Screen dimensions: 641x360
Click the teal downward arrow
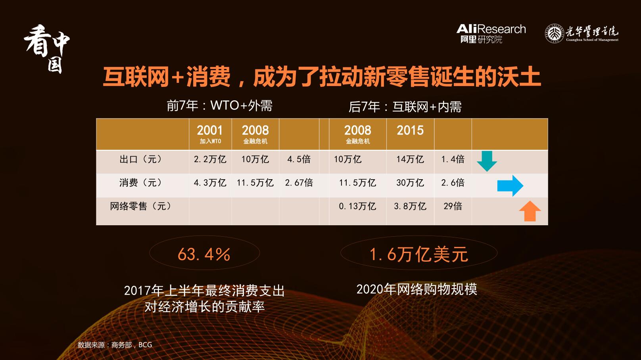(487, 161)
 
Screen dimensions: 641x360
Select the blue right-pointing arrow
(510, 186)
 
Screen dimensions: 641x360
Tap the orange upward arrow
(530, 211)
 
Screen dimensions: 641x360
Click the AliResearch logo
(491, 33)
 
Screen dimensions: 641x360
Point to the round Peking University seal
(554, 33)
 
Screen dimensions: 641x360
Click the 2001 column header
(210, 134)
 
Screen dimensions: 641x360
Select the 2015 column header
(410, 130)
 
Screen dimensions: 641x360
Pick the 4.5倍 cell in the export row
(299, 159)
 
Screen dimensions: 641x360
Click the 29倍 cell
(453, 206)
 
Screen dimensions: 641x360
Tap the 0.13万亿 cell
(357, 206)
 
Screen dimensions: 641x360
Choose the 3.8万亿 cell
(410, 206)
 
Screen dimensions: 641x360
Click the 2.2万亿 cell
(210, 159)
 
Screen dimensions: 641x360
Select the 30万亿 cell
(410, 183)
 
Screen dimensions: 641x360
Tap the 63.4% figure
(204, 254)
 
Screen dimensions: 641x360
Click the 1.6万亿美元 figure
(418, 254)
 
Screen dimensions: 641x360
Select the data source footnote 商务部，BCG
(115, 345)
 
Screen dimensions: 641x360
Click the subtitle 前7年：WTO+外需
(219, 106)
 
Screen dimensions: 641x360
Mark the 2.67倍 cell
(299, 183)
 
